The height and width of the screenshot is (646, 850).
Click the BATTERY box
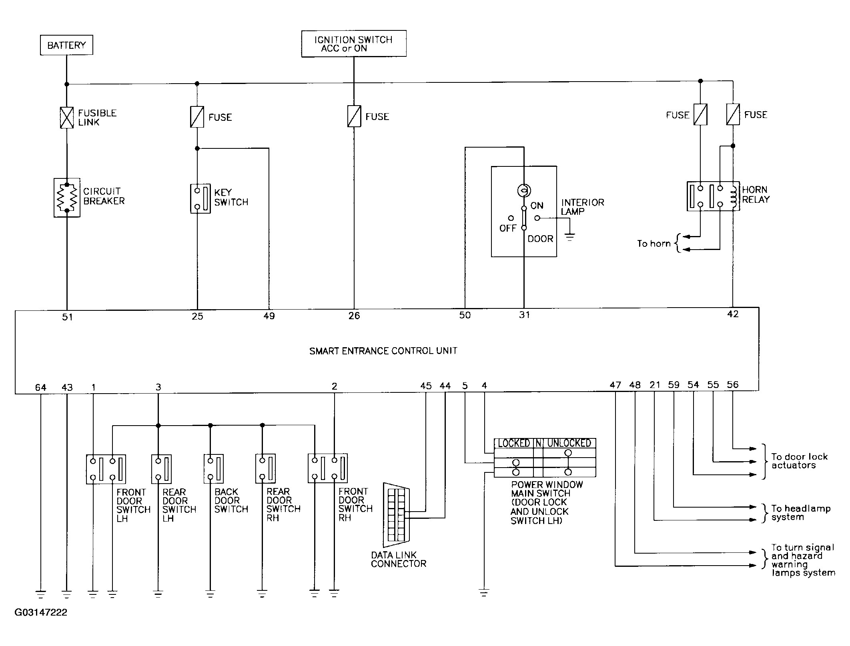(x=66, y=45)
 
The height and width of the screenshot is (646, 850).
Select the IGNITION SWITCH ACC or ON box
(x=354, y=44)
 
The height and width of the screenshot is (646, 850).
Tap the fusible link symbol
(x=67, y=118)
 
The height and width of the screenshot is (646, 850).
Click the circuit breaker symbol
(x=67, y=198)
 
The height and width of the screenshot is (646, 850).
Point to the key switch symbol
(x=200, y=198)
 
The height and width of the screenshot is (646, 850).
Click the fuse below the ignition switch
(x=354, y=116)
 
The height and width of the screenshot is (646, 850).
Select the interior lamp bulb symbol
(x=524, y=191)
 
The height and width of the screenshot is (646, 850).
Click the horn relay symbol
(x=713, y=196)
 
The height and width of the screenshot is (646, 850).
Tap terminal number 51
(x=67, y=317)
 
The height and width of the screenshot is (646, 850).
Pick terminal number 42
(x=733, y=314)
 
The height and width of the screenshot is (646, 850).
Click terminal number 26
(x=354, y=316)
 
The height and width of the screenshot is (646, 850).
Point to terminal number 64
(x=40, y=388)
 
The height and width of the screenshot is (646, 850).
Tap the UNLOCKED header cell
(x=569, y=443)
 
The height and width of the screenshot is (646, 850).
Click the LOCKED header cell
(x=514, y=443)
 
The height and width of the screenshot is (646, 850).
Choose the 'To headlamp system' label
(x=801, y=512)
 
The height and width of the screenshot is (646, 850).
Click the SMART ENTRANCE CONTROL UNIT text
(x=383, y=351)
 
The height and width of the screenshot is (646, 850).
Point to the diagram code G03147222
(x=41, y=612)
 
